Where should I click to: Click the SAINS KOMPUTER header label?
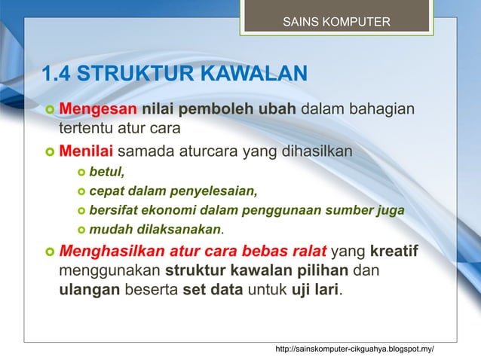point(336,21)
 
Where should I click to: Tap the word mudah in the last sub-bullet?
point(108,228)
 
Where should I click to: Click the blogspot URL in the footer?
point(355,349)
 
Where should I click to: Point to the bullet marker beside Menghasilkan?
point(48,251)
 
